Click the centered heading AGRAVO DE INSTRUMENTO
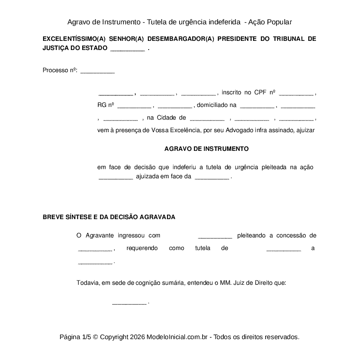[207, 149]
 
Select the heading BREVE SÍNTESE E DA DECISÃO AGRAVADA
[109, 217]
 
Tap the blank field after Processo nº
[97, 71]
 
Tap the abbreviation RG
[102, 105]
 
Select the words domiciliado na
[217, 105]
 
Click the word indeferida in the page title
[220, 22]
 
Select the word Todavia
[88, 283]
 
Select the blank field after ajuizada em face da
[212, 177]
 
